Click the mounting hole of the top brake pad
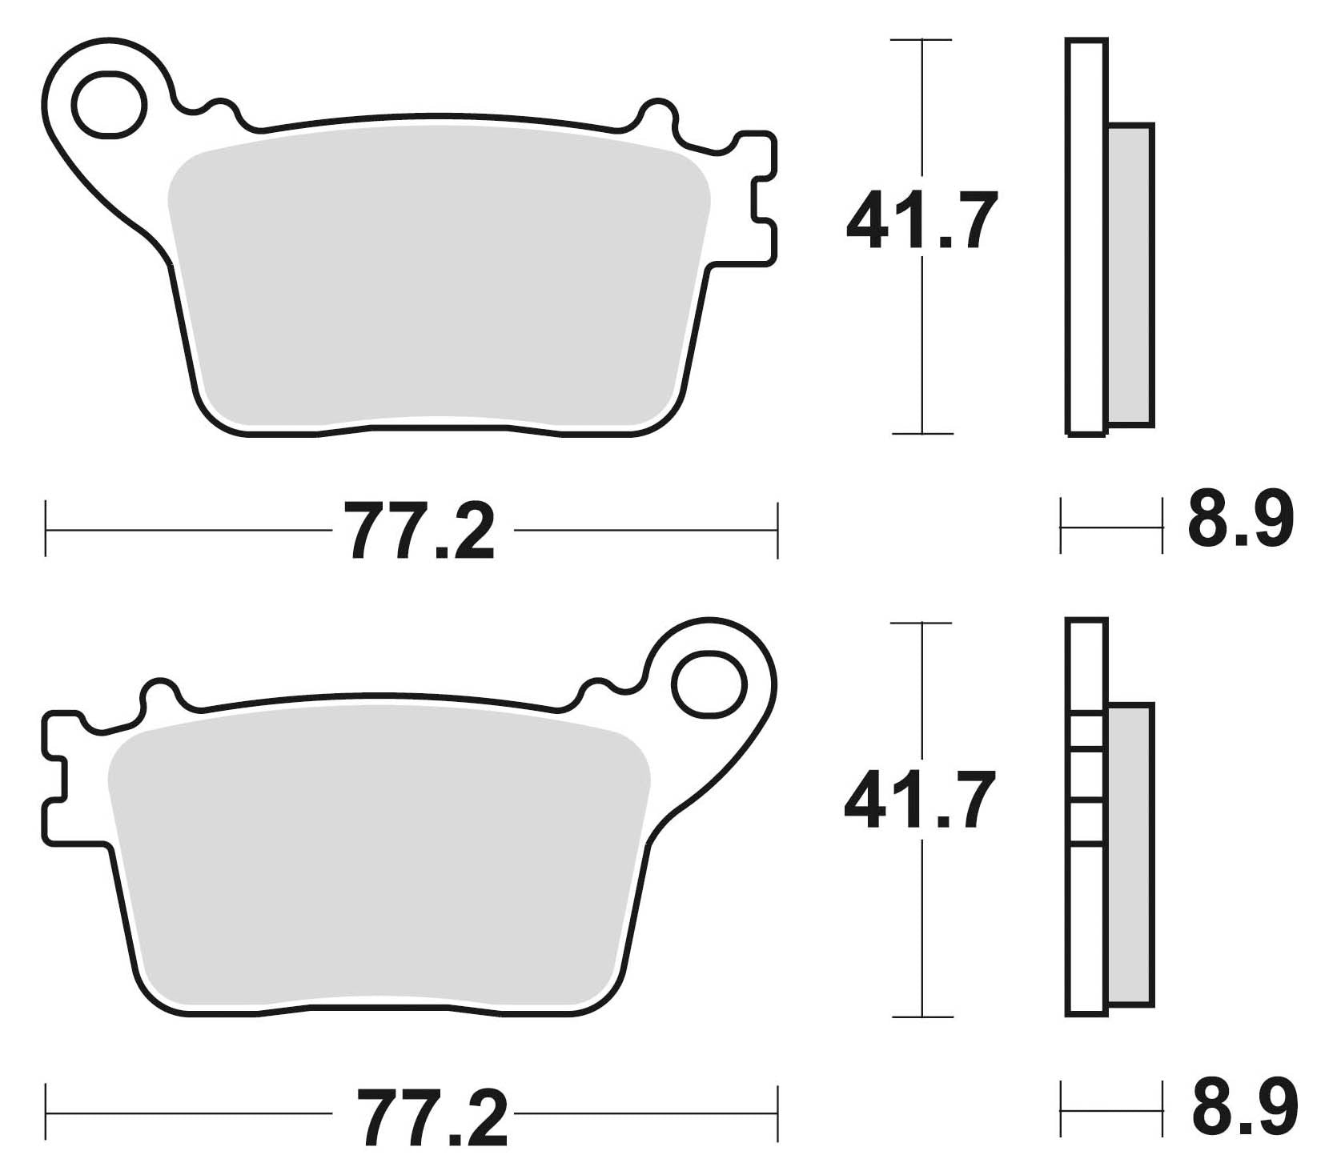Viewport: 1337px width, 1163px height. tap(108, 103)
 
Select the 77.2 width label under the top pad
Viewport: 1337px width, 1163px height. tap(420, 531)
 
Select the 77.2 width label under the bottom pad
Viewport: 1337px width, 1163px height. tap(432, 1115)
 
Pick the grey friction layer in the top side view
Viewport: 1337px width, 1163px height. tap(1130, 275)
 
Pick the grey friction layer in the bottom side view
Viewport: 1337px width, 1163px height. tap(1130, 854)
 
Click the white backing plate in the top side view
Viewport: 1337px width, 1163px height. tap(1086, 236)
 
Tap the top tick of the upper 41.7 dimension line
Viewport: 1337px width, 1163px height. tap(922, 40)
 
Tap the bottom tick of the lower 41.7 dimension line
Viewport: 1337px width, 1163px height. tap(922, 1017)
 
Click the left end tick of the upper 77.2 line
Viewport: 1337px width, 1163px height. tap(46, 529)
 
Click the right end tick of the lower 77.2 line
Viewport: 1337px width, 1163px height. tap(777, 1113)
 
